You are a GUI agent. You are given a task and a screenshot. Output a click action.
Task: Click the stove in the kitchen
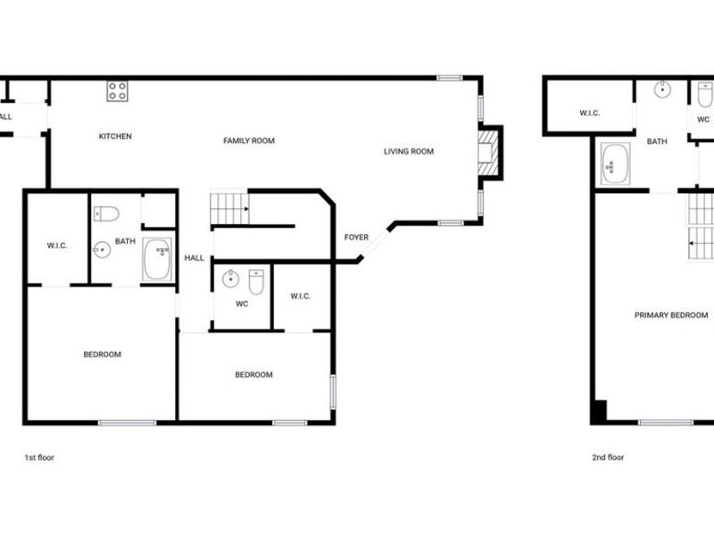pos(117,90)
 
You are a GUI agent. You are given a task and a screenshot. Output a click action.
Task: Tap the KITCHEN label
pos(115,137)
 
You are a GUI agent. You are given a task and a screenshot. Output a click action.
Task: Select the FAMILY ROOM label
pos(249,141)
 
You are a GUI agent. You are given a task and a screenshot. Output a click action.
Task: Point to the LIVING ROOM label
pos(409,152)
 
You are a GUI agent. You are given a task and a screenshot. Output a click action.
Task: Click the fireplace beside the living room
pos(487,152)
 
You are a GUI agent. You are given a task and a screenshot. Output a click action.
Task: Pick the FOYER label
pos(356,238)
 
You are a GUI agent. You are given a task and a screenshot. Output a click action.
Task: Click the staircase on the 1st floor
pos(228,209)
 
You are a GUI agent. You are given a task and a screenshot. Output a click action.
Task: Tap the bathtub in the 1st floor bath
pos(158,259)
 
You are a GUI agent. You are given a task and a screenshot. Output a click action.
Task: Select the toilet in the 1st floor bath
pos(106,214)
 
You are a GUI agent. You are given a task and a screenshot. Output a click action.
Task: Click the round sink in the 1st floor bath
pos(103,249)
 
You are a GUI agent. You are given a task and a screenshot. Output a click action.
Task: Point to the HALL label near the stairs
pos(194,259)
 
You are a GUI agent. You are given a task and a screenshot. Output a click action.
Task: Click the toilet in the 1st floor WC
pos(256,281)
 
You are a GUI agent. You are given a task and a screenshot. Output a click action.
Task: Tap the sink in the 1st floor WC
pos(231,279)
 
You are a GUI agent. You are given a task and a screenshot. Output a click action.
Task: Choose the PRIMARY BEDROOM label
pos(671,315)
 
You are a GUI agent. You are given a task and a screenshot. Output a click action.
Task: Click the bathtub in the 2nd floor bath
pos(615,164)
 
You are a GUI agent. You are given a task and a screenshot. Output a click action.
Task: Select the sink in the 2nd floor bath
pos(662,89)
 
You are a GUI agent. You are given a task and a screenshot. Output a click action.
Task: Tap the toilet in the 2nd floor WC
pos(704,95)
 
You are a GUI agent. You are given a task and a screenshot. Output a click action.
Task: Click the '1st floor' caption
pos(39,457)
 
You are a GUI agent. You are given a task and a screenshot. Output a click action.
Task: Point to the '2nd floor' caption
pos(608,457)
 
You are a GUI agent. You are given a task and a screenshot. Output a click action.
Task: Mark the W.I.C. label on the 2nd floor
pos(589,113)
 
